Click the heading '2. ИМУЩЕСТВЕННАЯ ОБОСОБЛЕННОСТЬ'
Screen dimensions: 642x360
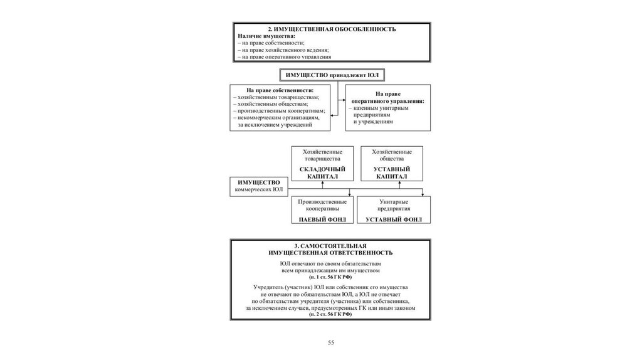(332, 29)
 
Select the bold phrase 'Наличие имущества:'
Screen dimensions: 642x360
(266, 36)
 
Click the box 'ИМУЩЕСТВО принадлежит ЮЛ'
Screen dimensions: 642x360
(332, 75)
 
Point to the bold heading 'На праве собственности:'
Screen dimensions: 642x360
(280, 90)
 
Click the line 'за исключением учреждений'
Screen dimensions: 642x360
(275, 125)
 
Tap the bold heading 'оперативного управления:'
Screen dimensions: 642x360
(387, 101)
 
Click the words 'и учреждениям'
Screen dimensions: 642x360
(373, 122)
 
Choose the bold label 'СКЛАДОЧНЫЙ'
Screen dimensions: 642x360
(323, 169)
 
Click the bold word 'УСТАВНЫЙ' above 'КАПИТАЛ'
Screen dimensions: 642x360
(392, 169)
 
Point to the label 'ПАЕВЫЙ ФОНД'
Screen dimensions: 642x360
(323, 220)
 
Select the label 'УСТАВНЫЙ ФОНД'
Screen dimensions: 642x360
(394, 220)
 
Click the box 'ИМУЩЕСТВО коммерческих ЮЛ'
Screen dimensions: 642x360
(259, 187)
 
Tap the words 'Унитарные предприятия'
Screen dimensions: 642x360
(394, 205)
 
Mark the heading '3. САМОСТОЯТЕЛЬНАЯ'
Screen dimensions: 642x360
(330, 246)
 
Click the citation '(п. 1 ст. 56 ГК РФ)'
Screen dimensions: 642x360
(330, 277)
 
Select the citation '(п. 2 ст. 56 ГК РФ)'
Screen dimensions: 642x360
(330, 314)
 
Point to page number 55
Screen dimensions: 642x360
(331, 343)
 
